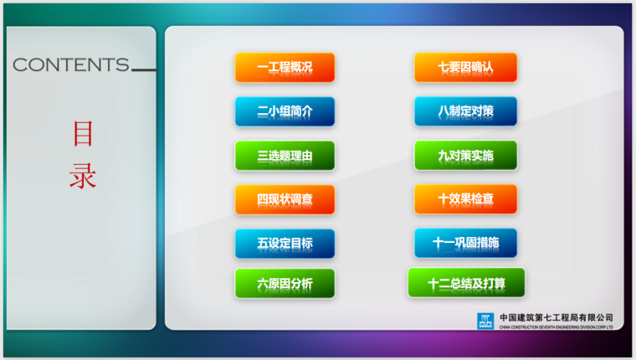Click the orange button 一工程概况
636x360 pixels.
(285, 67)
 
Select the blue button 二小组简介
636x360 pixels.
(285, 111)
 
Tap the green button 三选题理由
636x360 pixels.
(285, 156)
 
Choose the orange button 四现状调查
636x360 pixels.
(285, 199)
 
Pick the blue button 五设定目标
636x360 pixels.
(285, 244)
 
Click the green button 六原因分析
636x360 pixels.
(285, 284)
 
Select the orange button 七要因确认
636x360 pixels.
(465, 67)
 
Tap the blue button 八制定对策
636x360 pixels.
(465, 111)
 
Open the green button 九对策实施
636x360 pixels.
(465, 156)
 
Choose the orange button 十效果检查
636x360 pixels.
(465, 199)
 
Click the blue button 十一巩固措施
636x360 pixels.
(465, 244)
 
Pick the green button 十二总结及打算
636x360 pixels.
(466, 284)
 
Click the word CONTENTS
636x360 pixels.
(71, 65)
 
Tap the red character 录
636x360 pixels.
(82, 176)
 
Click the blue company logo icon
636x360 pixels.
(485, 321)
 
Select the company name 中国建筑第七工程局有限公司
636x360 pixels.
(556, 317)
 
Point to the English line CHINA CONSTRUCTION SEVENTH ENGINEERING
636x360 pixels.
(556, 327)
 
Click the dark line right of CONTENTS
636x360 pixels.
(143, 70)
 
